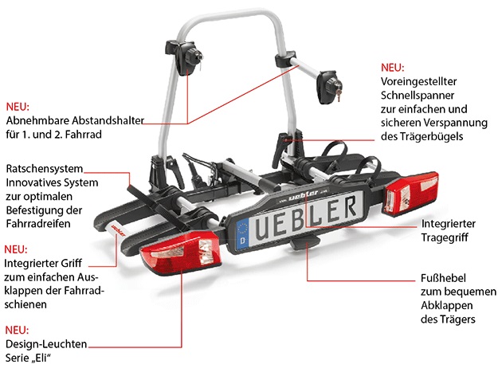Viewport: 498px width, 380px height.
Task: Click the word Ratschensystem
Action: point(44,169)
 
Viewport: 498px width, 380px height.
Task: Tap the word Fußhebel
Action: point(443,278)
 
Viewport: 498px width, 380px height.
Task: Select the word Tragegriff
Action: point(445,237)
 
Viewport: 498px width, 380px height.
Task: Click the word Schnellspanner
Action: point(418,96)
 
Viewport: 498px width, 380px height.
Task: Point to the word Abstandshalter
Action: point(108,120)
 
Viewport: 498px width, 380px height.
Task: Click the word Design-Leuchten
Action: point(46,344)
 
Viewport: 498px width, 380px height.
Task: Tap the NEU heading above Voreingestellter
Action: point(393,68)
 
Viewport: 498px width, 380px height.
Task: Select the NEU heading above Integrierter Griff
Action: point(16,249)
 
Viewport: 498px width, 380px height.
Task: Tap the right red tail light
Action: point(411,193)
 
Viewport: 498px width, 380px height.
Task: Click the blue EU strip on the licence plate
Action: point(243,233)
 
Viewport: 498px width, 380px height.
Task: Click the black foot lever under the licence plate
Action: point(305,242)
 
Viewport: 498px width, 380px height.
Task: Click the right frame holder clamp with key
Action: point(329,87)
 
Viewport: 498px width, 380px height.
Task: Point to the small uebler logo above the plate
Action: point(303,195)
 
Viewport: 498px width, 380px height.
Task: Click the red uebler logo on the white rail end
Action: point(118,230)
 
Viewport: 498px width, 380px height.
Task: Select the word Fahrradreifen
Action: point(38,224)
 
